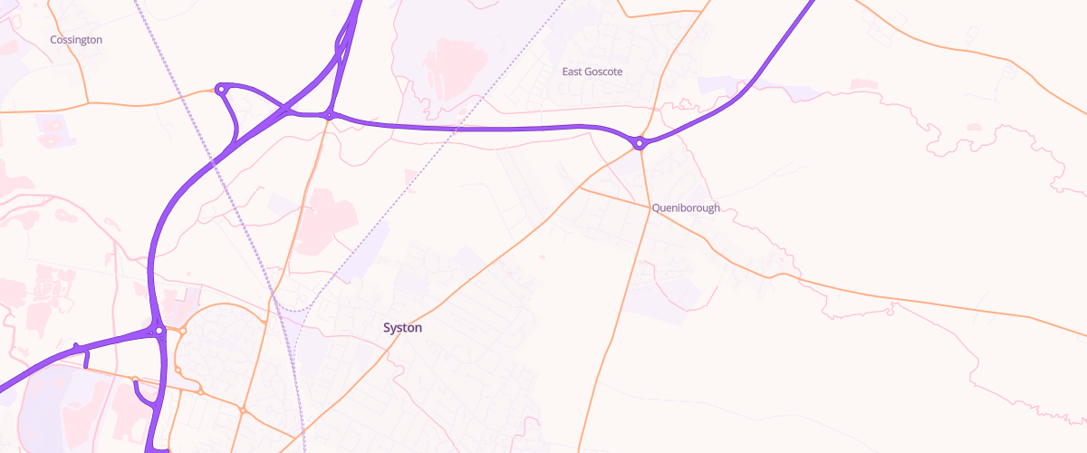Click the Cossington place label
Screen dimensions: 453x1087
(76, 40)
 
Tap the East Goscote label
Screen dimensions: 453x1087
(592, 72)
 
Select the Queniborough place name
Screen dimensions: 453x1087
(686, 207)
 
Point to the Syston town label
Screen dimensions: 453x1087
(402, 328)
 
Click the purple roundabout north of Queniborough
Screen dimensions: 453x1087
(640, 143)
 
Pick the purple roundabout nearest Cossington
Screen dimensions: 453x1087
(220, 89)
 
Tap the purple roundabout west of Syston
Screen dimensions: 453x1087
(159, 331)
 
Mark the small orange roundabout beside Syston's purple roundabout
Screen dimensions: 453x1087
(182, 332)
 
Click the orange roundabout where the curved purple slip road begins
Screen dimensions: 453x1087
(135, 380)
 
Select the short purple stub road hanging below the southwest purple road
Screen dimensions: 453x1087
(86, 360)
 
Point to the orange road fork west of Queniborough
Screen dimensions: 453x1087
(580, 188)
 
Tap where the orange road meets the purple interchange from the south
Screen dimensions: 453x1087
(330, 116)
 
